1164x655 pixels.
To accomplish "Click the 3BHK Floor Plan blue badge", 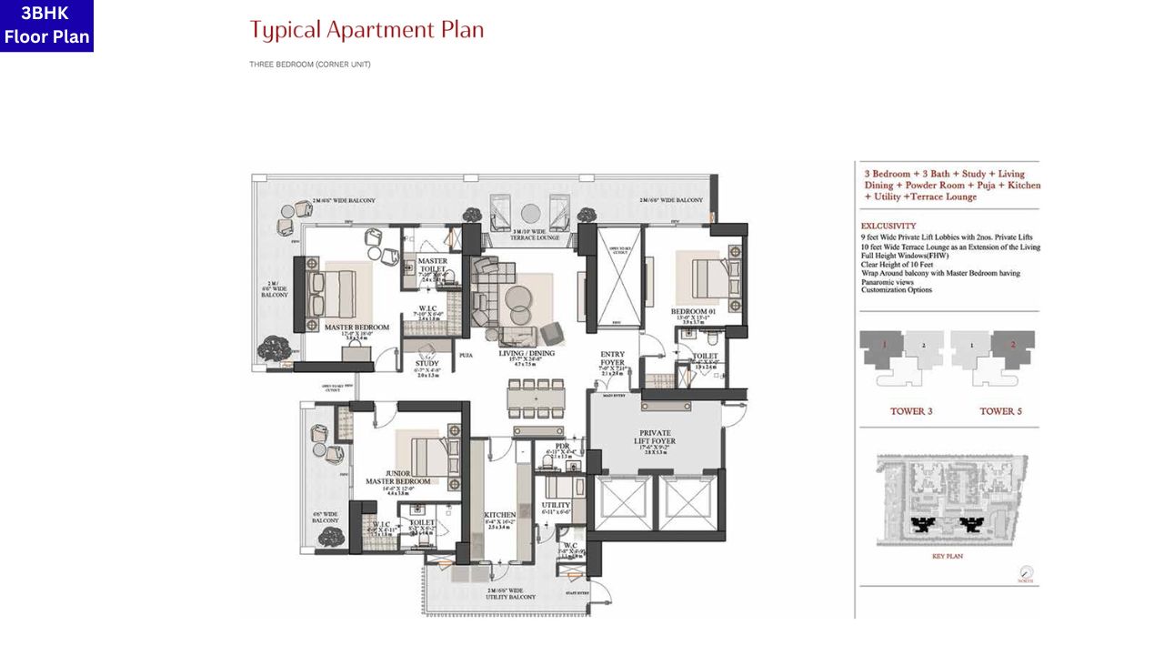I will (46, 25).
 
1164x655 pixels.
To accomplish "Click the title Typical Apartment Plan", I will (366, 30).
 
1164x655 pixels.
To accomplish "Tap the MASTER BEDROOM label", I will (356, 327).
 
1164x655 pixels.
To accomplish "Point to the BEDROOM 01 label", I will (694, 310).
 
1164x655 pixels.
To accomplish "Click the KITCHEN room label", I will (499, 515).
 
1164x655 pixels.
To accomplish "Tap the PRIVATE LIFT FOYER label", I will (657, 436).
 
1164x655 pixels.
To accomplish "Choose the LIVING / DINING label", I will (527, 353).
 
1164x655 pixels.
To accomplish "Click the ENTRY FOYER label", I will (612, 358).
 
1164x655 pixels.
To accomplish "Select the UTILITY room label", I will (556, 505).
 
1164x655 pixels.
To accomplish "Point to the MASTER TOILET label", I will (432, 266).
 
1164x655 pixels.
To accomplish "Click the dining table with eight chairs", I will (536, 398).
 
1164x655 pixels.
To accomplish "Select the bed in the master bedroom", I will (331, 290).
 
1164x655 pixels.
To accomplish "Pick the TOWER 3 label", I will (910, 411).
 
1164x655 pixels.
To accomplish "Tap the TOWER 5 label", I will (1000, 411).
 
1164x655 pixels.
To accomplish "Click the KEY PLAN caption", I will (947, 556).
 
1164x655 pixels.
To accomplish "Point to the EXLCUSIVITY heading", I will (888, 226).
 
